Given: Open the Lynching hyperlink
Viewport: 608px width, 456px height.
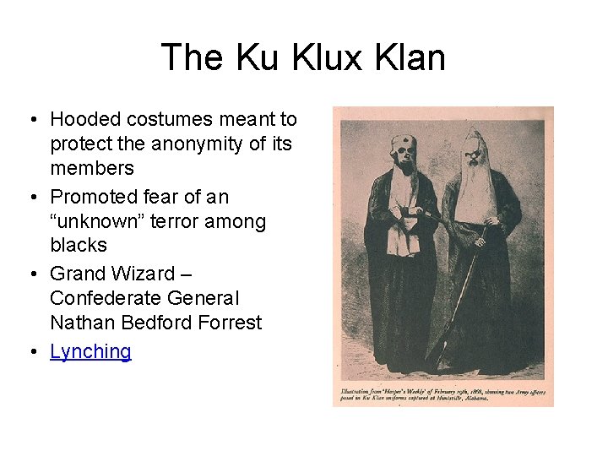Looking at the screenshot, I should click(x=90, y=351).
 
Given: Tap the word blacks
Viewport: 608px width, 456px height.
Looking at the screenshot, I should click(x=79, y=245).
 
